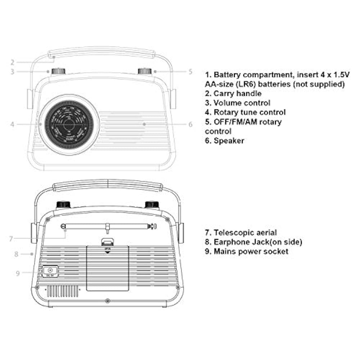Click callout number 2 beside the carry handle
[12, 62]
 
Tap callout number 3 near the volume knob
[12, 72]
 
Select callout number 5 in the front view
[190, 72]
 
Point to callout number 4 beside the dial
[12, 124]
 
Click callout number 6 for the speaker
[190, 125]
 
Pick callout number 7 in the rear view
[11, 238]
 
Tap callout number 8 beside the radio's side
[16, 254]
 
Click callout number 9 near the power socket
[18, 273]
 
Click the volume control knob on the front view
[58, 71]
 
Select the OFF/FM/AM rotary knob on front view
[145, 71]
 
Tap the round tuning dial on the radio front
[68, 125]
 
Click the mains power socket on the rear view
[50, 270]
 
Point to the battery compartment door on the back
[107, 268]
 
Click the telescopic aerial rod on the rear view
[108, 226]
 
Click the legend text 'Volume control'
[242, 103]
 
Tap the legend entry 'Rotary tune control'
[249, 112]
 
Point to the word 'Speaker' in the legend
[229, 140]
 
